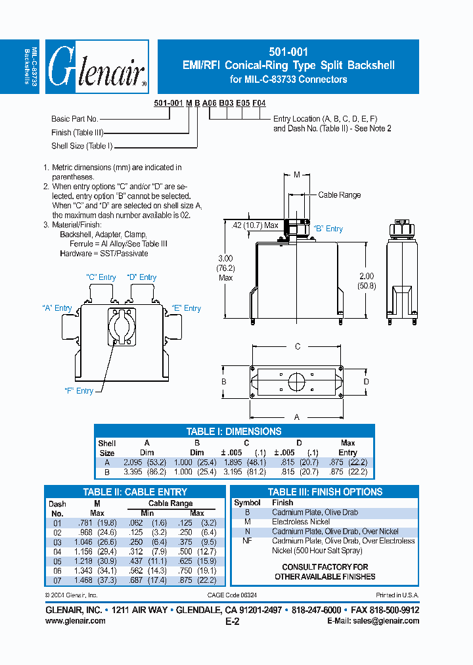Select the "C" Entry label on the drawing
click(x=101, y=277)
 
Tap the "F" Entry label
click(x=78, y=391)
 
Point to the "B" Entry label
click(x=328, y=229)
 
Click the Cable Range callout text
click(x=339, y=195)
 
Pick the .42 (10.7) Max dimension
click(x=256, y=225)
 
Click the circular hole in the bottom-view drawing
click(x=297, y=381)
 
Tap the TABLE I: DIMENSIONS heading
click(x=234, y=432)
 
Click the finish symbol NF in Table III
click(x=247, y=541)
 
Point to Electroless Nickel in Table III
click(x=302, y=522)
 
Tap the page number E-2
click(x=233, y=622)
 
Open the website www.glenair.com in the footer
click(x=75, y=620)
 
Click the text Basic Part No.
click(x=74, y=119)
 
